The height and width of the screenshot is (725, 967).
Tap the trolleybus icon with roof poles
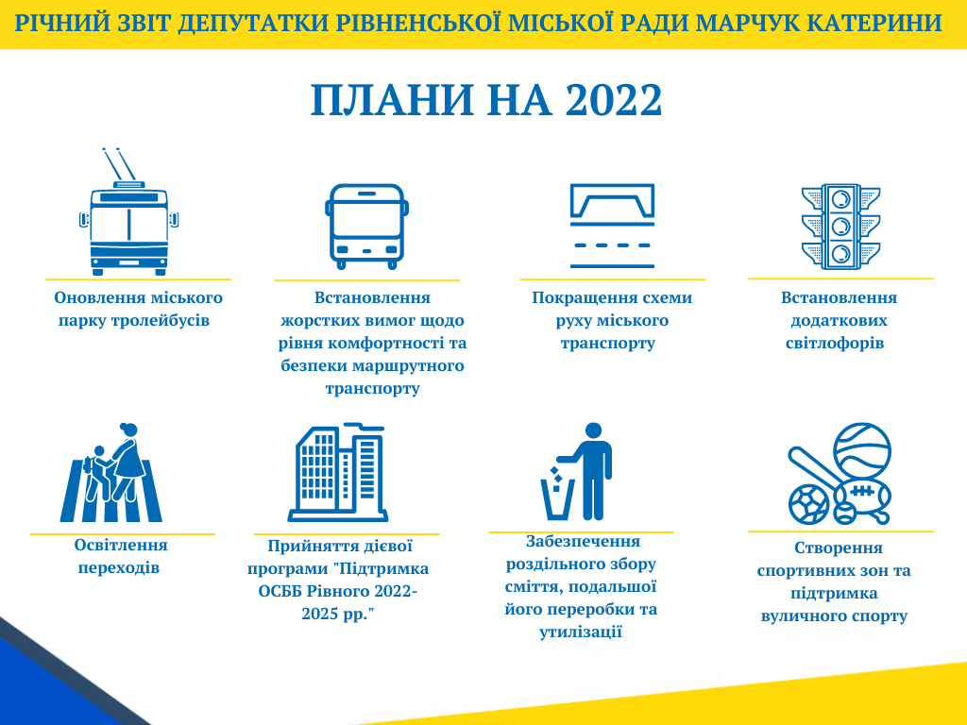128,212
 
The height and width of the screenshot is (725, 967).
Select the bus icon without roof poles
367,227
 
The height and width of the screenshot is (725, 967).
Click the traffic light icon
840,227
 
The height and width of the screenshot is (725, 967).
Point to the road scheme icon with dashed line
612,226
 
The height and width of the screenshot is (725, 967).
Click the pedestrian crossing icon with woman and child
111,472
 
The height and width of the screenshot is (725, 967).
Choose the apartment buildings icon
337,472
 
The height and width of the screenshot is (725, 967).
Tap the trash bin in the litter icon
557,499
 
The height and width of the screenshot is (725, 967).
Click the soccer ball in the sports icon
808,504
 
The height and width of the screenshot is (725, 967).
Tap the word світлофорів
835,344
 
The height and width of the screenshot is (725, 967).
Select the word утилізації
581,632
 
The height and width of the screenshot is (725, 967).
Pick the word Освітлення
121,545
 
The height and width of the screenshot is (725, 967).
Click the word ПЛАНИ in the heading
392,100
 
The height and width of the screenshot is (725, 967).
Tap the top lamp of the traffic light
840,199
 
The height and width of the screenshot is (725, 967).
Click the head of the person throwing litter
593,430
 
